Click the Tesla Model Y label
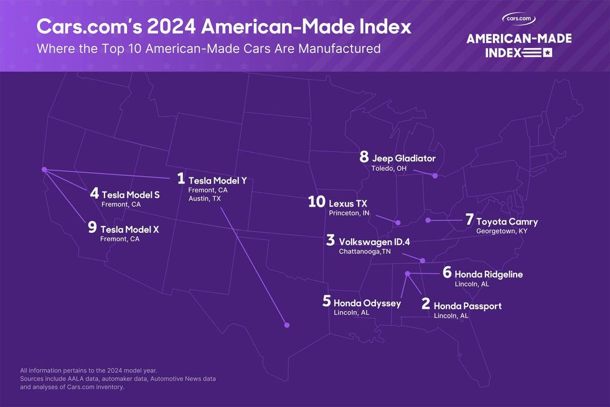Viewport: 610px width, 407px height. (x=217, y=180)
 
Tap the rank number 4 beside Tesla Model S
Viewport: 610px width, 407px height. (x=94, y=194)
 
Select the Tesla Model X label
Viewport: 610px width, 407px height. (x=129, y=229)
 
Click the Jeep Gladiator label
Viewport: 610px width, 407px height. (x=403, y=159)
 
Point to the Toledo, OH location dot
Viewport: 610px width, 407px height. (x=435, y=176)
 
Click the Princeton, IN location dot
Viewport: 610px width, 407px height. (x=397, y=222)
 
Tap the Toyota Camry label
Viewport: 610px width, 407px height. (x=507, y=222)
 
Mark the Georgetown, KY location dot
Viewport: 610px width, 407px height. (x=428, y=220)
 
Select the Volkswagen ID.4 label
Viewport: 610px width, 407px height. (x=374, y=241)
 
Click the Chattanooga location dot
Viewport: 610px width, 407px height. (x=423, y=261)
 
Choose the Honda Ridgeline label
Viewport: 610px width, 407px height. (x=489, y=274)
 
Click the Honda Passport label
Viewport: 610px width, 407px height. (x=467, y=306)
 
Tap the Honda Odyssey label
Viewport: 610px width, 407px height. (x=367, y=303)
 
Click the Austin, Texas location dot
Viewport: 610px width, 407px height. (x=287, y=325)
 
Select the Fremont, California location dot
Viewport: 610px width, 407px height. (x=44, y=169)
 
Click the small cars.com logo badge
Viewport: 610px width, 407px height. (x=519, y=19)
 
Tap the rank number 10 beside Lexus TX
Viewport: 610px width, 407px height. (x=317, y=202)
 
